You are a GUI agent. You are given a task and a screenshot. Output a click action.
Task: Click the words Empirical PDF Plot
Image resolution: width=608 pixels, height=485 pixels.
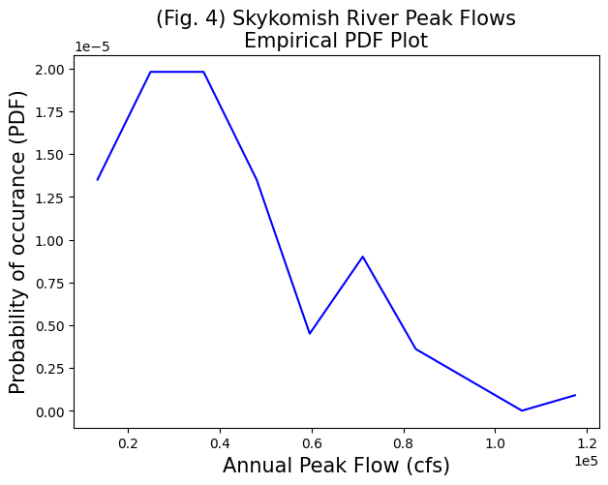[x=336, y=41]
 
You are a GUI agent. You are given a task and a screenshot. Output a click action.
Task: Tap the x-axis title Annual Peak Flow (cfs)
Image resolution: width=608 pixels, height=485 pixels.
[x=336, y=466]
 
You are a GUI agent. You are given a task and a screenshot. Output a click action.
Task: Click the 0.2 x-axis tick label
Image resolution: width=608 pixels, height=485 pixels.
[x=128, y=443]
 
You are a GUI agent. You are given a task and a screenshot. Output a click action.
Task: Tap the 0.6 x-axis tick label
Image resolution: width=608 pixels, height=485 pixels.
[x=312, y=443]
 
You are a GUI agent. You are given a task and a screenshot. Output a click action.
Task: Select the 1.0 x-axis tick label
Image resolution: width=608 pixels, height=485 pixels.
[x=495, y=443]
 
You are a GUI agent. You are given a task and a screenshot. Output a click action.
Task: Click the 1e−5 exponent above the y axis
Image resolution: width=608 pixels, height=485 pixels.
[x=93, y=47]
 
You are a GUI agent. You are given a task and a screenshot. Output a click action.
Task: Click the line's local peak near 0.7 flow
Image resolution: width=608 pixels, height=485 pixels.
[x=362, y=257]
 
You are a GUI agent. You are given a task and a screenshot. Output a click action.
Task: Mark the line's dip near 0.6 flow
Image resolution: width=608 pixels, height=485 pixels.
[x=310, y=334]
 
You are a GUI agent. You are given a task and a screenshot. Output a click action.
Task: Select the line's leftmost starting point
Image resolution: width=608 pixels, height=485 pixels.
[x=98, y=179]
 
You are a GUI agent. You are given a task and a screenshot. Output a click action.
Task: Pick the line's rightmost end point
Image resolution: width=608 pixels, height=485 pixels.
[x=575, y=395]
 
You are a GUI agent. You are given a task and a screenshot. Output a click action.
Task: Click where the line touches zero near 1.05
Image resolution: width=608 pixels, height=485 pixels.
[x=522, y=410]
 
